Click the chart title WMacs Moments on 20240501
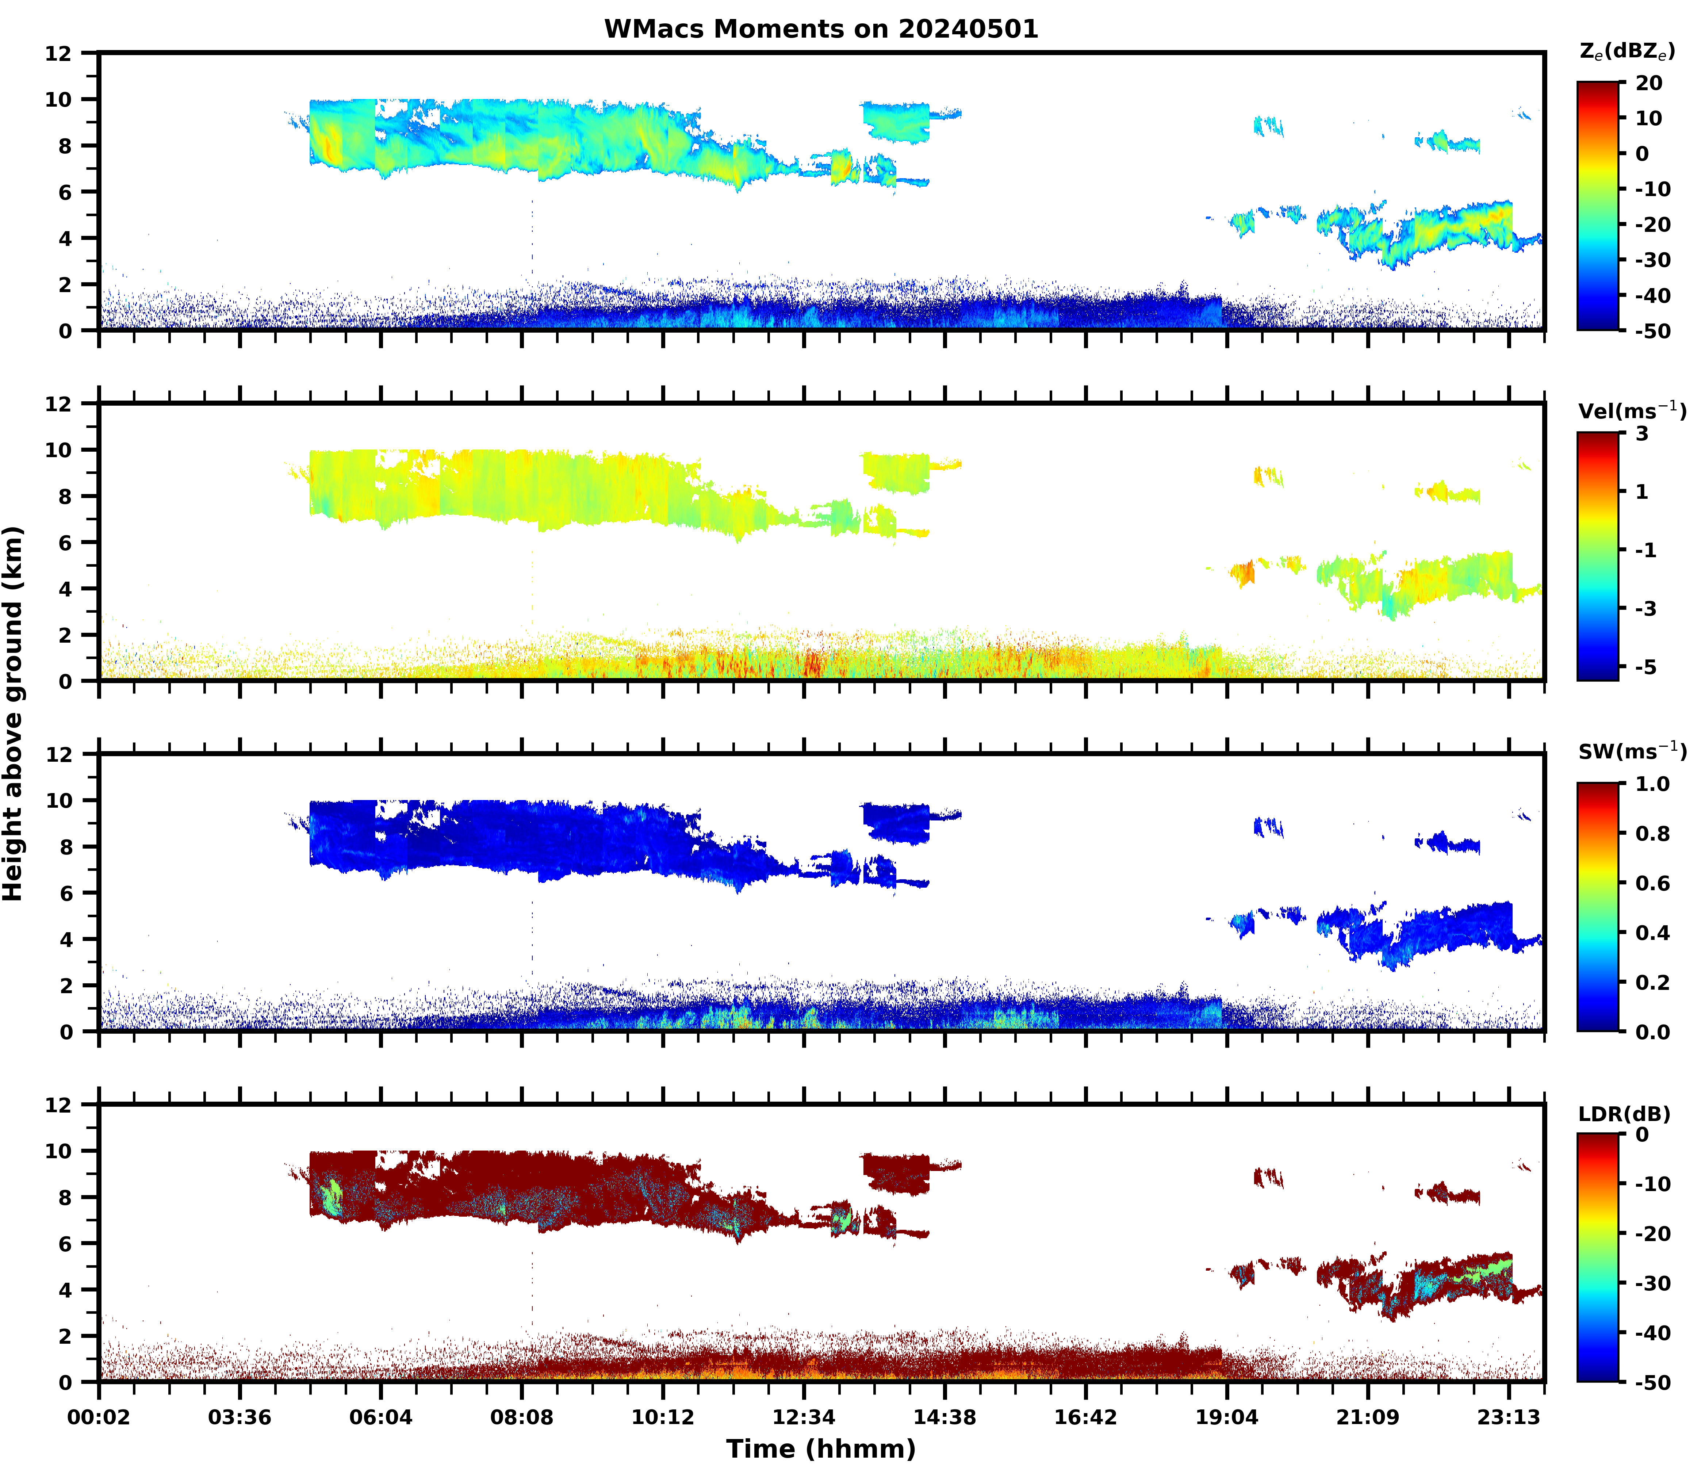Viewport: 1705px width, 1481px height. click(821, 29)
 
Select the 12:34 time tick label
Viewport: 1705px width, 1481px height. click(803, 1418)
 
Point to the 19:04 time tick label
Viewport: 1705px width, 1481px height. click(1226, 1418)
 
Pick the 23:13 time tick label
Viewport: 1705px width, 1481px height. click(1508, 1418)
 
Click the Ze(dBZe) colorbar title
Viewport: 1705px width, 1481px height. click(1627, 51)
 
